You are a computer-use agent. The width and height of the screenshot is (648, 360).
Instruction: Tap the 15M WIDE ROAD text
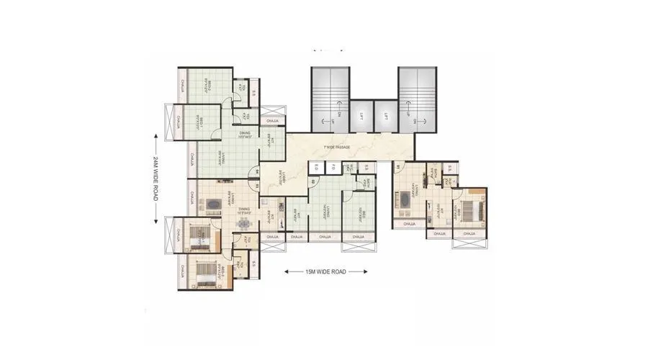click(327, 272)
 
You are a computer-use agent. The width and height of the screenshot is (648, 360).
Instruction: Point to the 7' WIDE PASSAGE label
click(337, 148)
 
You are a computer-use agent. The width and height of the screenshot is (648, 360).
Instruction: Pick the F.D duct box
click(334, 168)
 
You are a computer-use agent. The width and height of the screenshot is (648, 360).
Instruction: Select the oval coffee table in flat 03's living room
click(214, 205)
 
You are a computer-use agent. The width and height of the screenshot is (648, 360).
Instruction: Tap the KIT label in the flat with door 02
click(297, 214)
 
